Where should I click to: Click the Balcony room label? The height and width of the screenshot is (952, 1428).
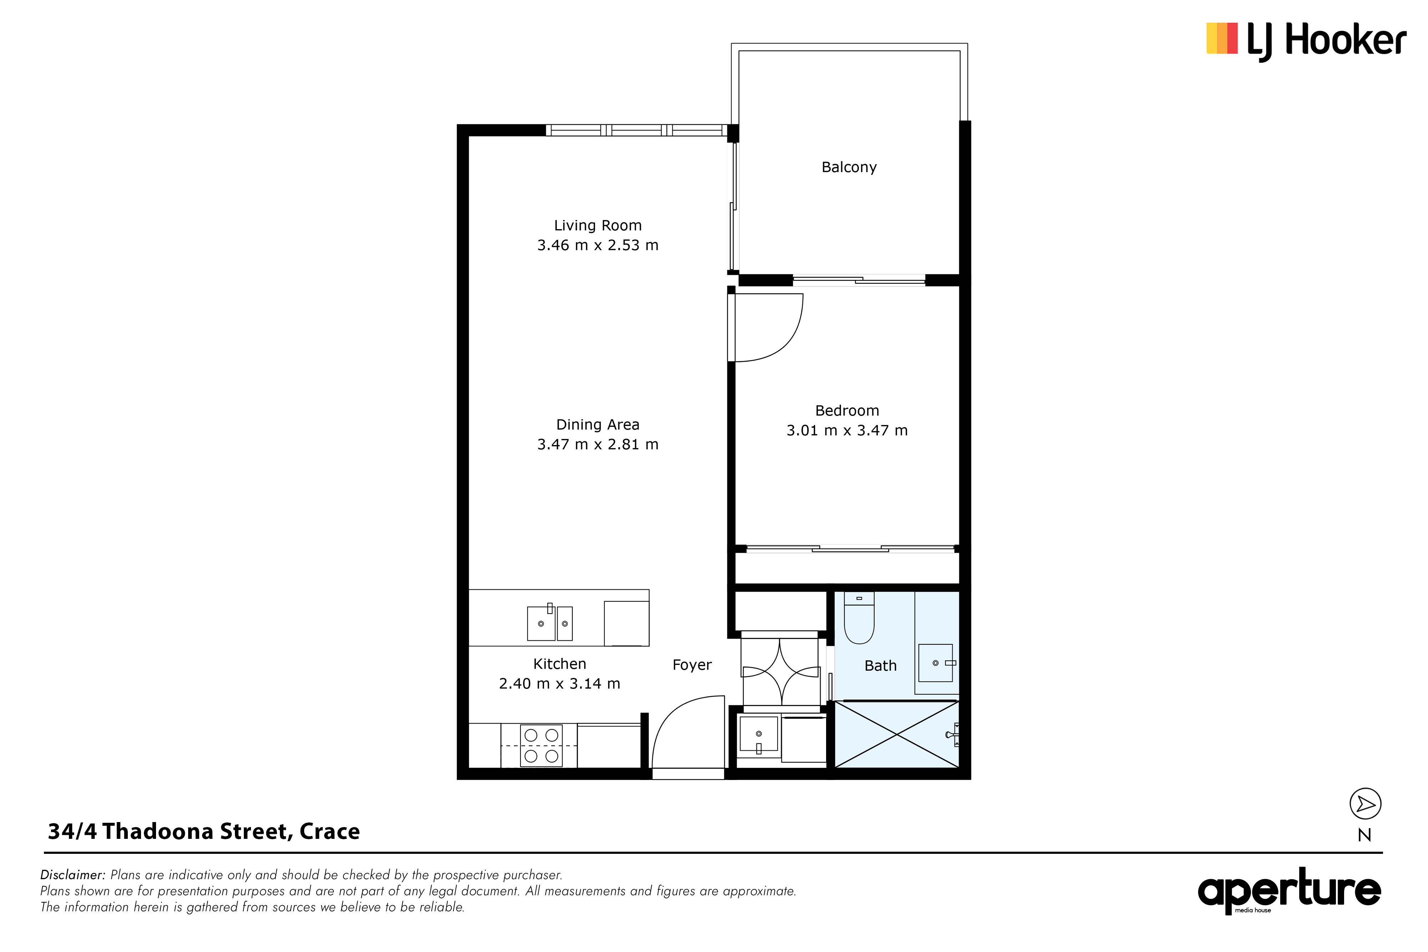(x=849, y=167)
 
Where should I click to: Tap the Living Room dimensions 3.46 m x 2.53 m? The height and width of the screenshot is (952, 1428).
(x=597, y=245)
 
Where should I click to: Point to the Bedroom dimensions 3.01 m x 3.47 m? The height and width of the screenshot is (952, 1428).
(x=847, y=430)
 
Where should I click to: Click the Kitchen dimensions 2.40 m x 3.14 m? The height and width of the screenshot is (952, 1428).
(x=559, y=684)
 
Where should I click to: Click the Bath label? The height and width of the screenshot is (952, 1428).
(x=880, y=666)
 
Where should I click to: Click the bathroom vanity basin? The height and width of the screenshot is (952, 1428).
(x=936, y=663)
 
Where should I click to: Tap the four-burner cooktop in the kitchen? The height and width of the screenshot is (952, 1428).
(x=541, y=746)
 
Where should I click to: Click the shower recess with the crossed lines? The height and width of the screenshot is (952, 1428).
(x=897, y=735)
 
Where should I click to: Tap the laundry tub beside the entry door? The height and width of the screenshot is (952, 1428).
(x=758, y=734)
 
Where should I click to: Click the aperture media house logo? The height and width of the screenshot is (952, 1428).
(x=1289, y=890)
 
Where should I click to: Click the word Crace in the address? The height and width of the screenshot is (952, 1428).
(x=329, y=832)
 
